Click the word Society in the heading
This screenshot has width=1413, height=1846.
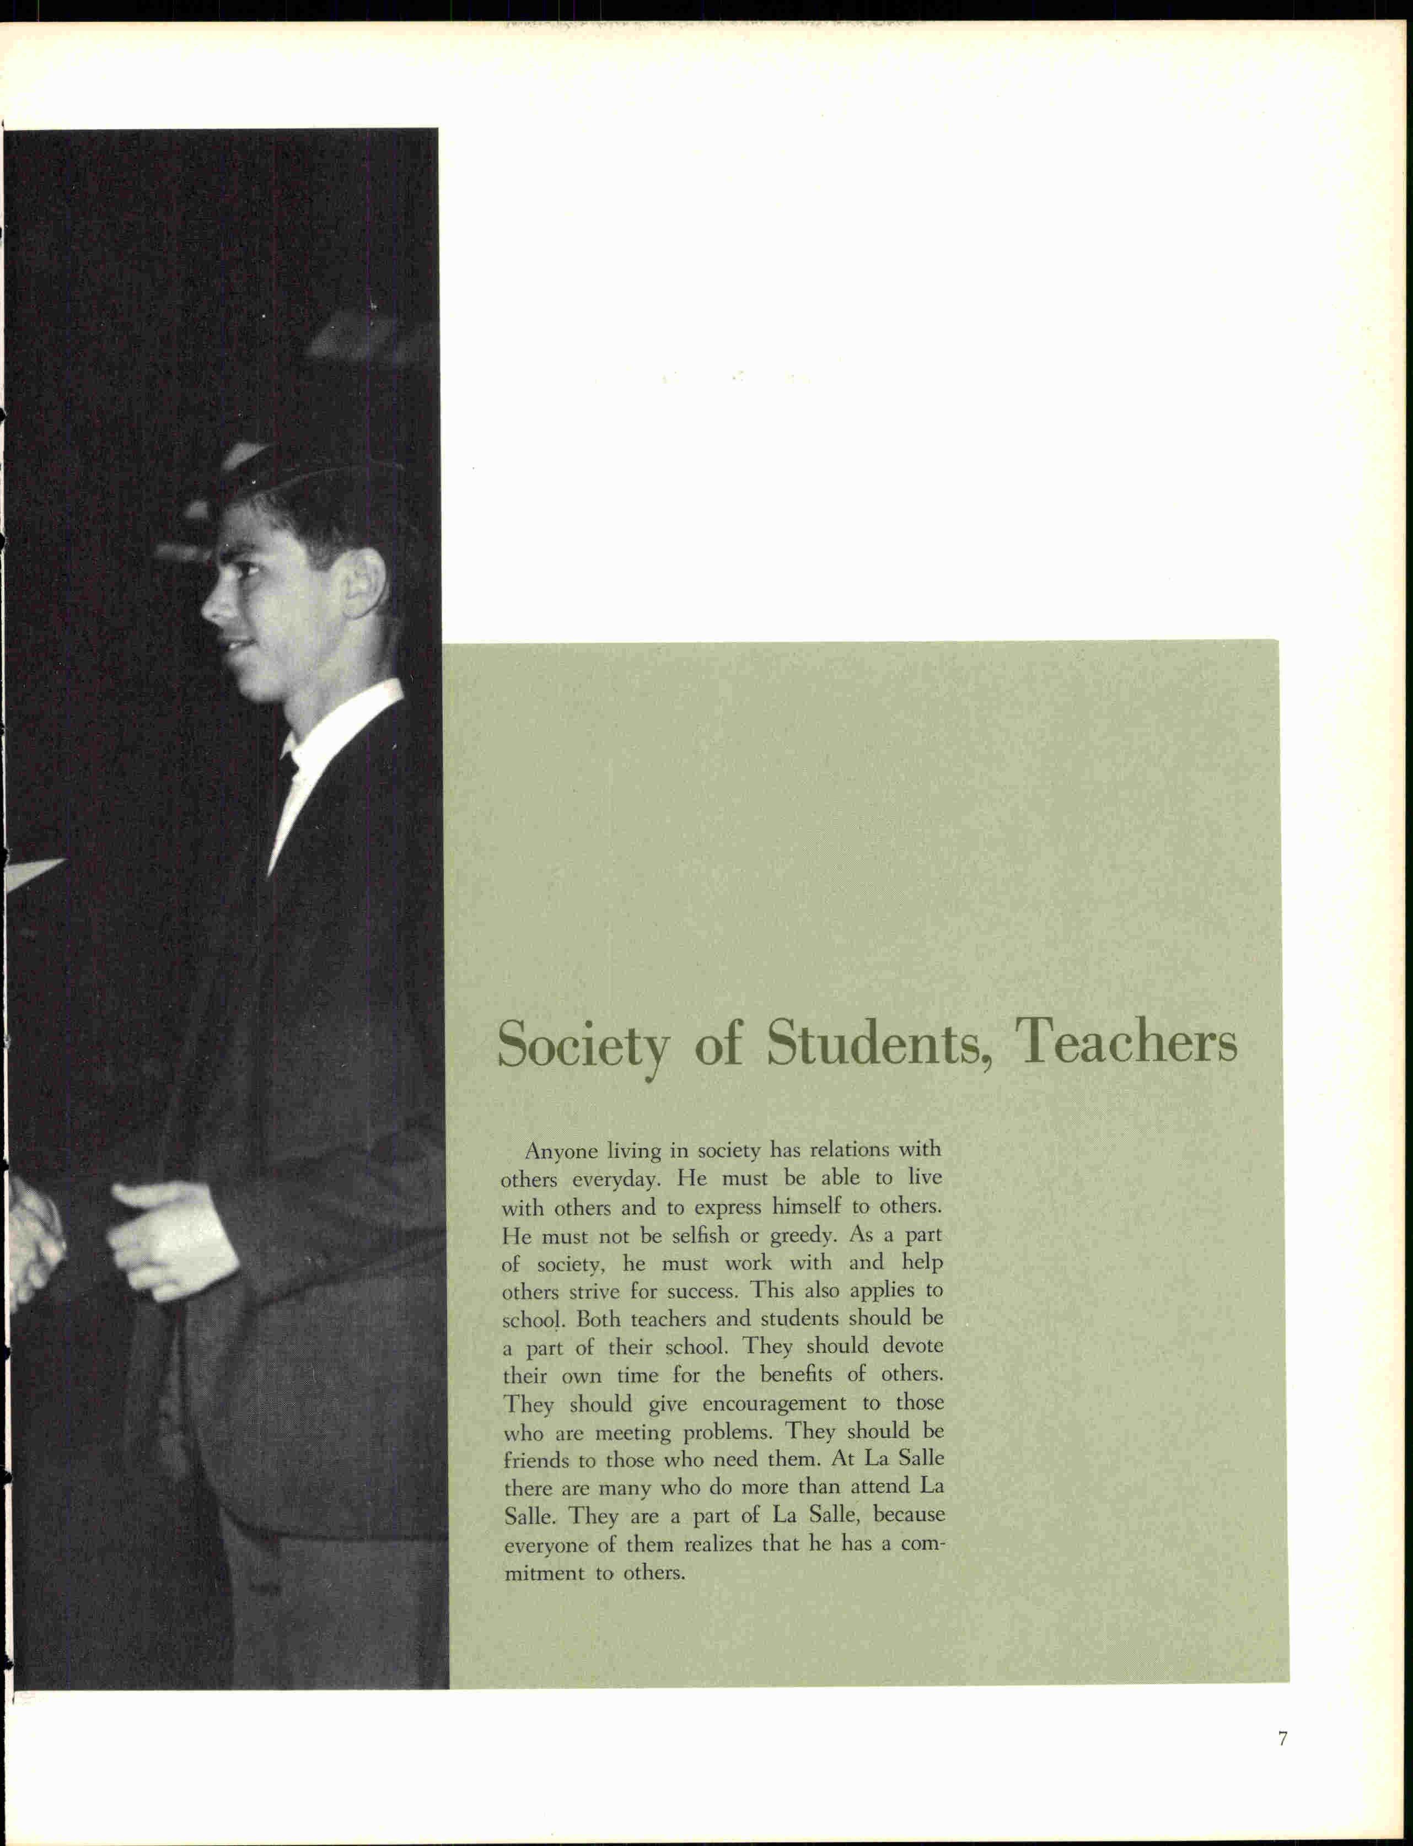[582, 1045]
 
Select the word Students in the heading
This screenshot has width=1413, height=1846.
[875, 1043]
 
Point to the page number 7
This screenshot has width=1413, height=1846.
[1283, 1739]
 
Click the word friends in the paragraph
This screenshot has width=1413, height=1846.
[538, 1460]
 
